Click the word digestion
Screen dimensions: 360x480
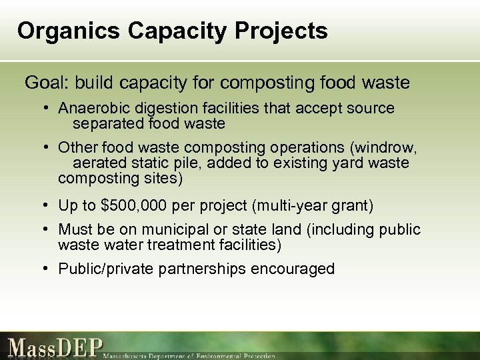pyautogui.click(x=161, y=109)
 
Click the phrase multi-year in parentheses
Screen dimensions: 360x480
pyautogui.click(x=297, y=207)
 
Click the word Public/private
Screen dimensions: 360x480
pyautogui.click(x=105, y=269)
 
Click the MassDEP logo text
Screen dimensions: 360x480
pyautogui.click(x=56, y=347)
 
